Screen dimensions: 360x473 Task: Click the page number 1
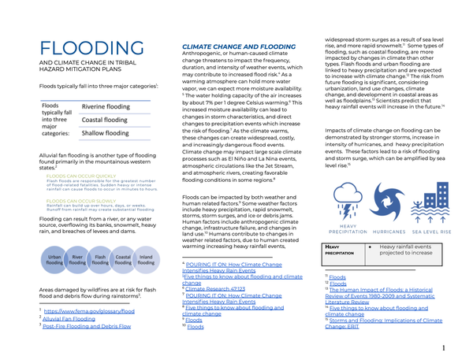(x=444, y=347)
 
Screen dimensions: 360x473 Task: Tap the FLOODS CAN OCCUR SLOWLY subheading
(x=79, y=200)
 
